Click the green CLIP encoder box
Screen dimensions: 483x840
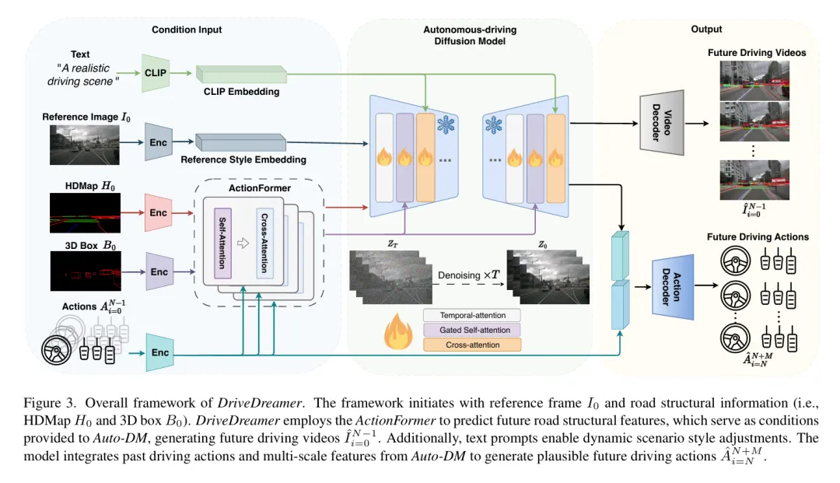pyautogui.click(x=156, y=72)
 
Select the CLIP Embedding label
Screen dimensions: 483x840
pyautogui.click(x=242, y=92)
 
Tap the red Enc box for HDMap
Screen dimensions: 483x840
pyautogui.click(x=158, y=212)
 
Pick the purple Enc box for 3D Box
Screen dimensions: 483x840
pyautogui.click(x=159, y=271)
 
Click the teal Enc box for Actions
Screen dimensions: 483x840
pyautogui.click(x=159, y=352)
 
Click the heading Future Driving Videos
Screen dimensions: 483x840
pyautogui.click(x=756, y=53)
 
